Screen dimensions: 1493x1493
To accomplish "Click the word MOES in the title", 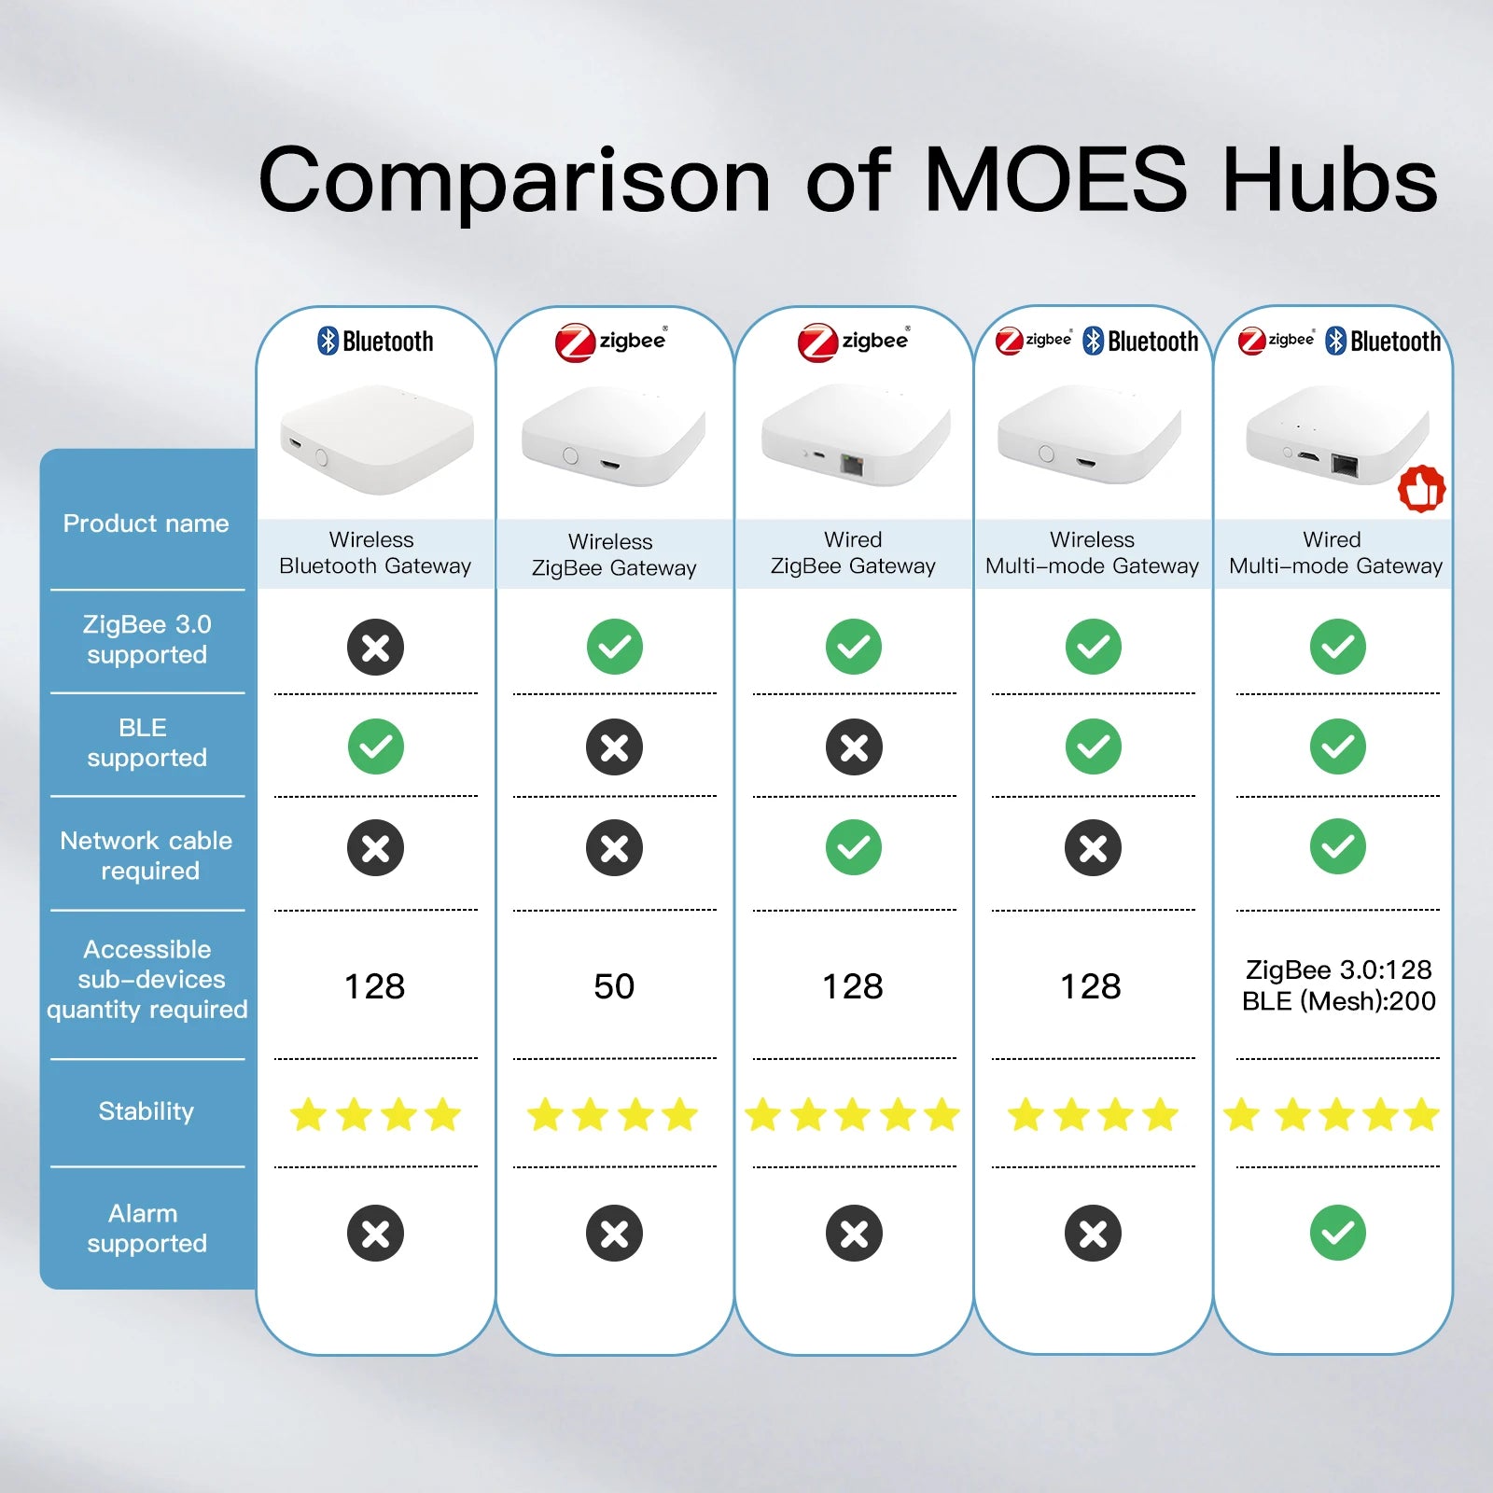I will pos(1055,179).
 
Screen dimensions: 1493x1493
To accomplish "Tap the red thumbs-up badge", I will pos(1421,488).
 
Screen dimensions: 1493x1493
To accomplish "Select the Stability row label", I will pos(147,1110).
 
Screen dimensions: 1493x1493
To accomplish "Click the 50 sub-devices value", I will pos(614,986).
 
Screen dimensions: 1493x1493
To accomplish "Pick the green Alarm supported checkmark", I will pos(1337,1233).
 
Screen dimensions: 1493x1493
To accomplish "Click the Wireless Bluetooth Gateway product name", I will pos(374,552).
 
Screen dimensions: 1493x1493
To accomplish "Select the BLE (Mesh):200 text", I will pos(1338,1001).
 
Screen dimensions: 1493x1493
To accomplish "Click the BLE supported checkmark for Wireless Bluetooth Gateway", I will pos(375,746).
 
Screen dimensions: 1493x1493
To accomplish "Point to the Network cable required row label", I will pos(147,855).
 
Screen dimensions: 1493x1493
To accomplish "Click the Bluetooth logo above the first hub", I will pos(375,341).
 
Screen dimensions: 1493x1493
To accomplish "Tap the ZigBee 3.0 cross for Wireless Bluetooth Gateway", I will pos(375,647).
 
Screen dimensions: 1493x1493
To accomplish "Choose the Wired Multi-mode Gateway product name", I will pos(1334,552).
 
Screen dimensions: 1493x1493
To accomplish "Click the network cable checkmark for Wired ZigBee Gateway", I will pos(853,847).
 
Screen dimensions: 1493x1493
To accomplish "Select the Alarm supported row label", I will pos(147,1228).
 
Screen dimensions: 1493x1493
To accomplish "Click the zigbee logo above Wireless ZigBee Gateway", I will pos(611,342).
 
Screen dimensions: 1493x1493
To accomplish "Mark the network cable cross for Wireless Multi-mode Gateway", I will pos(1093,847).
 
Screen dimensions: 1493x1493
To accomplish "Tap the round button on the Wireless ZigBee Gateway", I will pos(569,456).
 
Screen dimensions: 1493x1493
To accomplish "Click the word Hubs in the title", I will pos(1330,179).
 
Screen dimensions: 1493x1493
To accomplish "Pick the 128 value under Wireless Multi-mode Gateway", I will pos(1091,986).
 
